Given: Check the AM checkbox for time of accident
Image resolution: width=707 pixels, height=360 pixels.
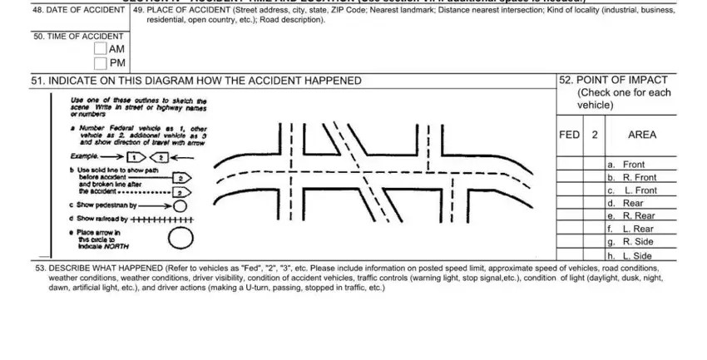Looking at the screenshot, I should pos(101,50).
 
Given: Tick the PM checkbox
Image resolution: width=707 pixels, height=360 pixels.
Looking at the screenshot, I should pos(101,64).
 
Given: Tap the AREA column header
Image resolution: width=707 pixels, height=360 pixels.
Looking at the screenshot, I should pos(642,135).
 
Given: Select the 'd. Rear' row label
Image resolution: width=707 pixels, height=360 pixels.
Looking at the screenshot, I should pos(626,203).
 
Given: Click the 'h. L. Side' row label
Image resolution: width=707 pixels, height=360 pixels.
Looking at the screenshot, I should pos(631,255).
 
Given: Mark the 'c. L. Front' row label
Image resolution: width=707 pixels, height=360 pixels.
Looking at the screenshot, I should pos(633,190).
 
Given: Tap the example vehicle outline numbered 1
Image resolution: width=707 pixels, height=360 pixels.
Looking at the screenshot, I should pos(136,155).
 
